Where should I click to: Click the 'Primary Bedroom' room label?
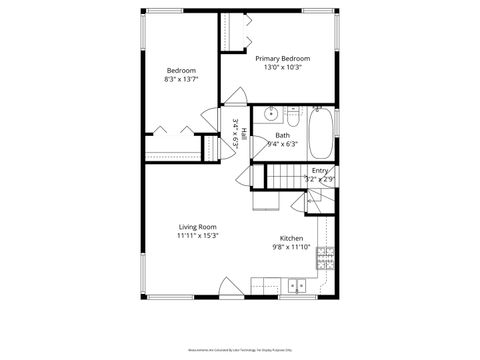[x=282, y=59]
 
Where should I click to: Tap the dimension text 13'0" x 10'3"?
[x=282, y=68]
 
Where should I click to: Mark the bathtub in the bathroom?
[x=321, y=134]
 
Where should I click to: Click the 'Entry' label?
[x=319, y=171]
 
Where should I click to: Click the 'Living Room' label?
[x=197, y=227]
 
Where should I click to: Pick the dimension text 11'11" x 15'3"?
[x=197, y=236]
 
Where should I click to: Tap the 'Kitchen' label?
[x=291, y=238]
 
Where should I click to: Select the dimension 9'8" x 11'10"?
[x=291, y=247]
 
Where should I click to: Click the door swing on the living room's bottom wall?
[x=230, y=290]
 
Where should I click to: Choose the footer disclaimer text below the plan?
[x=240, y=352]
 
